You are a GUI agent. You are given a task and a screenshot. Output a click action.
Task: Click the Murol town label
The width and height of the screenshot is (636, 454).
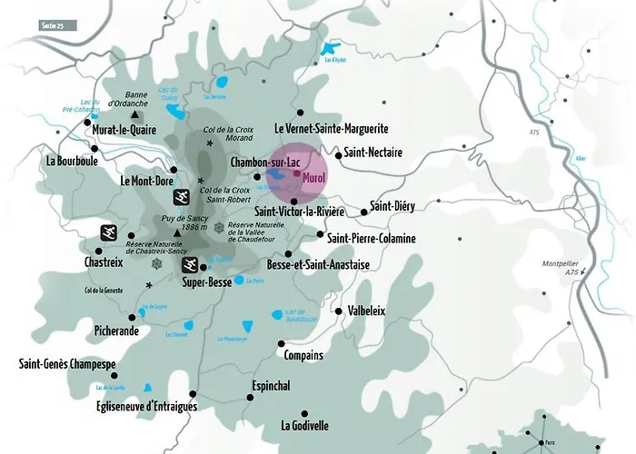click(x=314, y=175)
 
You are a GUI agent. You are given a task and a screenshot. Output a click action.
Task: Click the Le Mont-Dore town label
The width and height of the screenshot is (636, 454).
click(x=146, y=181)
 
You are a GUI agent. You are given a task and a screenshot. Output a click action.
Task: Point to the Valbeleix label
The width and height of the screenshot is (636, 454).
click(x=367, y=311)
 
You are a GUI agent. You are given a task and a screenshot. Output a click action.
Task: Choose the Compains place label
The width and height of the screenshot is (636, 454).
click(x=304, y=355)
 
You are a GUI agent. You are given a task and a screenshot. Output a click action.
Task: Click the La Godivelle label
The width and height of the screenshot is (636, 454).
click(x=304, y=425)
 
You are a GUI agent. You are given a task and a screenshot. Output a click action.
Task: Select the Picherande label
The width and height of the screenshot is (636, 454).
click(x=116, y=331)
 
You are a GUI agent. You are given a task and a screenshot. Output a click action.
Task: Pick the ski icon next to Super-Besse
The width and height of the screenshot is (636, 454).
click(x=191, y=265)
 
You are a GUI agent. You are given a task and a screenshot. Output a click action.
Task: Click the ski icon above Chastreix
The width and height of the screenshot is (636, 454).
click(x=108, y=232)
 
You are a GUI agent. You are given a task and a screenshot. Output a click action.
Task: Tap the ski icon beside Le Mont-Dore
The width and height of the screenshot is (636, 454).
click(x=182, y=194)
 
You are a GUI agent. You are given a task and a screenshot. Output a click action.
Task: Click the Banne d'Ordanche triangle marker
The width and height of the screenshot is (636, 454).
click(x=135, y=115)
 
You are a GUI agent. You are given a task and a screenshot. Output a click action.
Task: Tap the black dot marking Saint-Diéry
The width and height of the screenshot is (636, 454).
click(x=364, y=212)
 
